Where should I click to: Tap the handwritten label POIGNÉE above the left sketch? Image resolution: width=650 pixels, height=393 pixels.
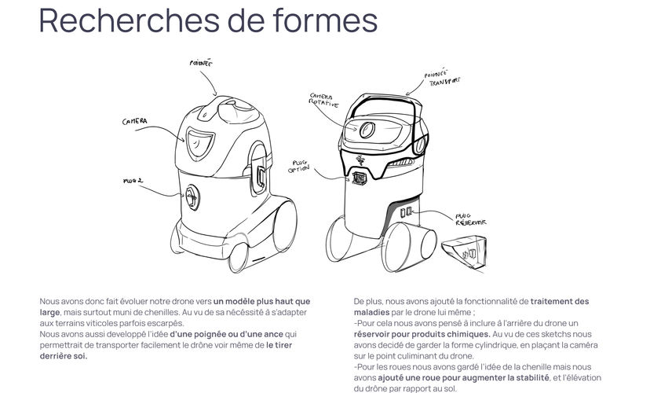coord(202,64)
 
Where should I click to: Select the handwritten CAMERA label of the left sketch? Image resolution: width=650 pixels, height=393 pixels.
coord(136,122)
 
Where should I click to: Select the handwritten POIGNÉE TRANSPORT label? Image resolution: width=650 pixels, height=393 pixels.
coord(441,76)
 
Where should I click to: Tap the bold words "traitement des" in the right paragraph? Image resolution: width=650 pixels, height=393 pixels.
coord(560,301)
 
